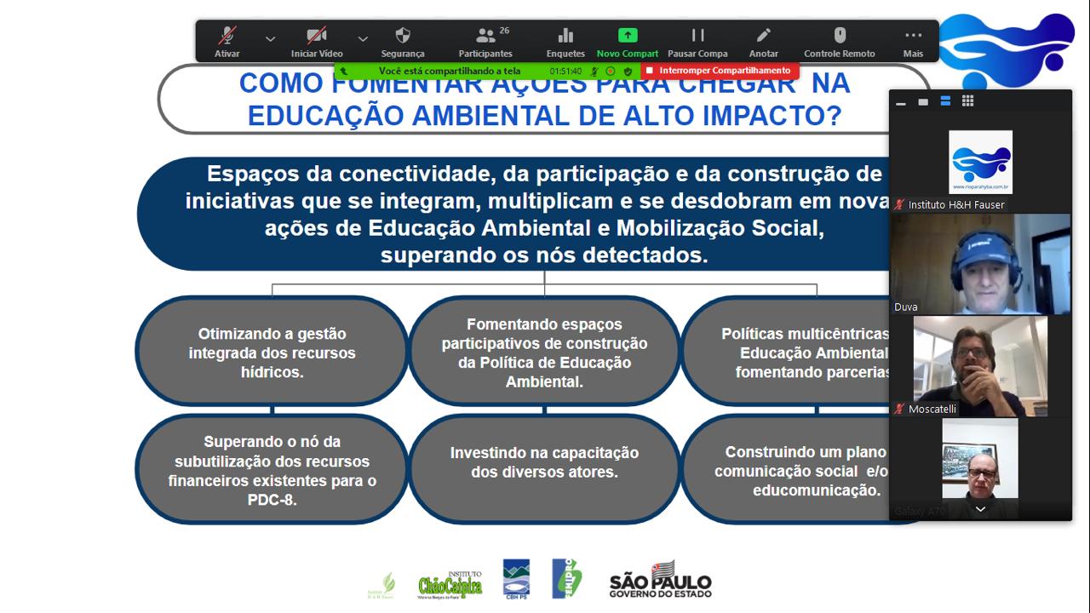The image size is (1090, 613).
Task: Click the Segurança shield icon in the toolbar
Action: click(403, 36)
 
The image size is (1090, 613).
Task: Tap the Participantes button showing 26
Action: click(486, 36)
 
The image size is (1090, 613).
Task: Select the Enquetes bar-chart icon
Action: click(565, 36)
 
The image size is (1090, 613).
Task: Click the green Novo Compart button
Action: click(628, 36)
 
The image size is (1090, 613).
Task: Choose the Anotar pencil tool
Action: click(763, 36)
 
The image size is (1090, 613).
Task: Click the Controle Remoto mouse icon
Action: click(840, 36)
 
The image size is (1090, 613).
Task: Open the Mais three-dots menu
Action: click(913, 36)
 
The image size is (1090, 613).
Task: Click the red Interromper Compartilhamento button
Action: click(720, 71)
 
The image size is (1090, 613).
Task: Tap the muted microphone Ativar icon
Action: click(227, 36)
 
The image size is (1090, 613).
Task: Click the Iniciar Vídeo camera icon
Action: click(317, 36)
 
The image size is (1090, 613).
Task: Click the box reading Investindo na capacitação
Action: click(544, 462)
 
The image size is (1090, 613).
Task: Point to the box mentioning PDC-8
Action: click(272, 470)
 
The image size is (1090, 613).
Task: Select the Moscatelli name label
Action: click(932, 410)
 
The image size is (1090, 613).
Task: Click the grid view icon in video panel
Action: click(967, 101)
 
